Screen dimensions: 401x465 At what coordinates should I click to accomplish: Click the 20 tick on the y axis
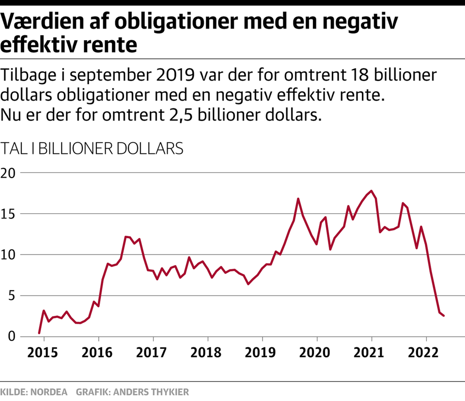(8, 173)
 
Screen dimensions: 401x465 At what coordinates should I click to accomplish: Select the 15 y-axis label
(8, 214)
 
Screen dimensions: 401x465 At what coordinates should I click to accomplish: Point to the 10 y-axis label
(8, 254)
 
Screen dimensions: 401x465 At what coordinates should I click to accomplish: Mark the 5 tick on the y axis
(11, 296)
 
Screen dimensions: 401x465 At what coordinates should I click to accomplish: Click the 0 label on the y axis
(11, 336)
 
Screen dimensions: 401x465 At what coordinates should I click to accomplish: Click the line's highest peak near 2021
(371, 191)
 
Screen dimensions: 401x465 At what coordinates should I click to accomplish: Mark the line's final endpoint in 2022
(444, 316)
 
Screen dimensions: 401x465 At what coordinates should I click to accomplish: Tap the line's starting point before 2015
(39, 333)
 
